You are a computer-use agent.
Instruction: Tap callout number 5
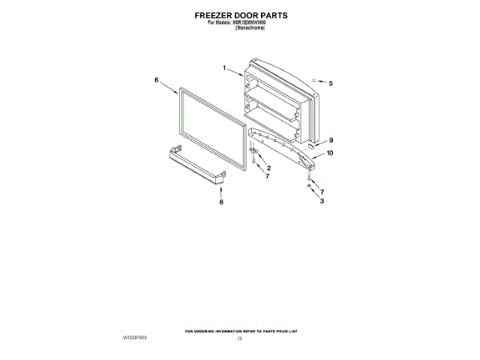pyautogui.click(x=331, y=83)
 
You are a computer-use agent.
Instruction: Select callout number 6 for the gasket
pyautogui.click(x=157, y=79)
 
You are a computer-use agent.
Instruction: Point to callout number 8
pyautogui.click(x=221, y=202)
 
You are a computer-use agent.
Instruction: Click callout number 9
pyautogui.click(x=331, y=139)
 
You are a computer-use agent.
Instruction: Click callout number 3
pyautogui.click(x=321, y=201)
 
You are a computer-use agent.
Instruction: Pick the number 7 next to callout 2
pyautogui.click(x=266, y=177)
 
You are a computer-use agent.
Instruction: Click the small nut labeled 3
pyautogui.click(x=309, y=184)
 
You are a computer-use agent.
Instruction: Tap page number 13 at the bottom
pyautogui.click(x=240, y=340)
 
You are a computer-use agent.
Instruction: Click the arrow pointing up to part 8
pyautogui.click(x=221, y=192)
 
